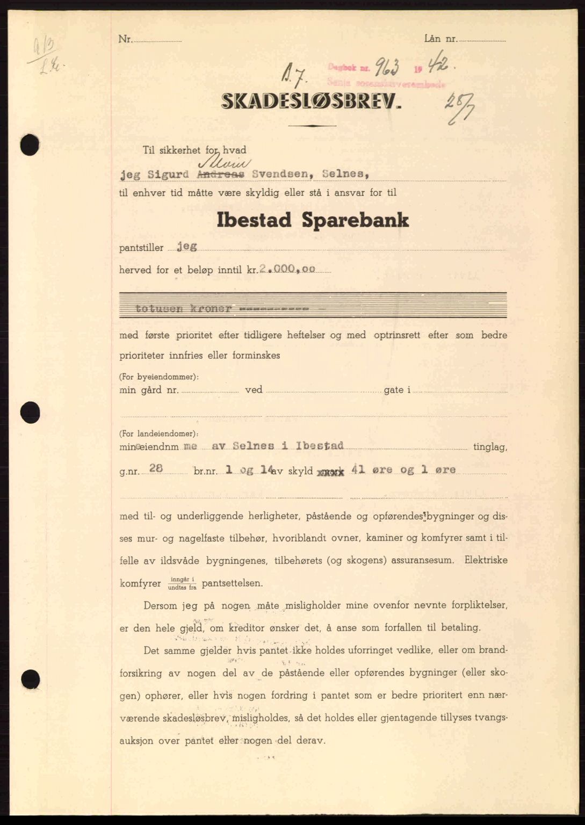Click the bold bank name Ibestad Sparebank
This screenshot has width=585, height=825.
312,220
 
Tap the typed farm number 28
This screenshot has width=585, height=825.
156,468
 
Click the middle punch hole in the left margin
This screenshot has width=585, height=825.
30,412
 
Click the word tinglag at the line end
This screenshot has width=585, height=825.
489,446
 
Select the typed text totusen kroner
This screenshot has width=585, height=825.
184,309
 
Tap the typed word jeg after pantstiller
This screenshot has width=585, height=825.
186,247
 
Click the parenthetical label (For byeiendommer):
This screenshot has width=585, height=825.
159,377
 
